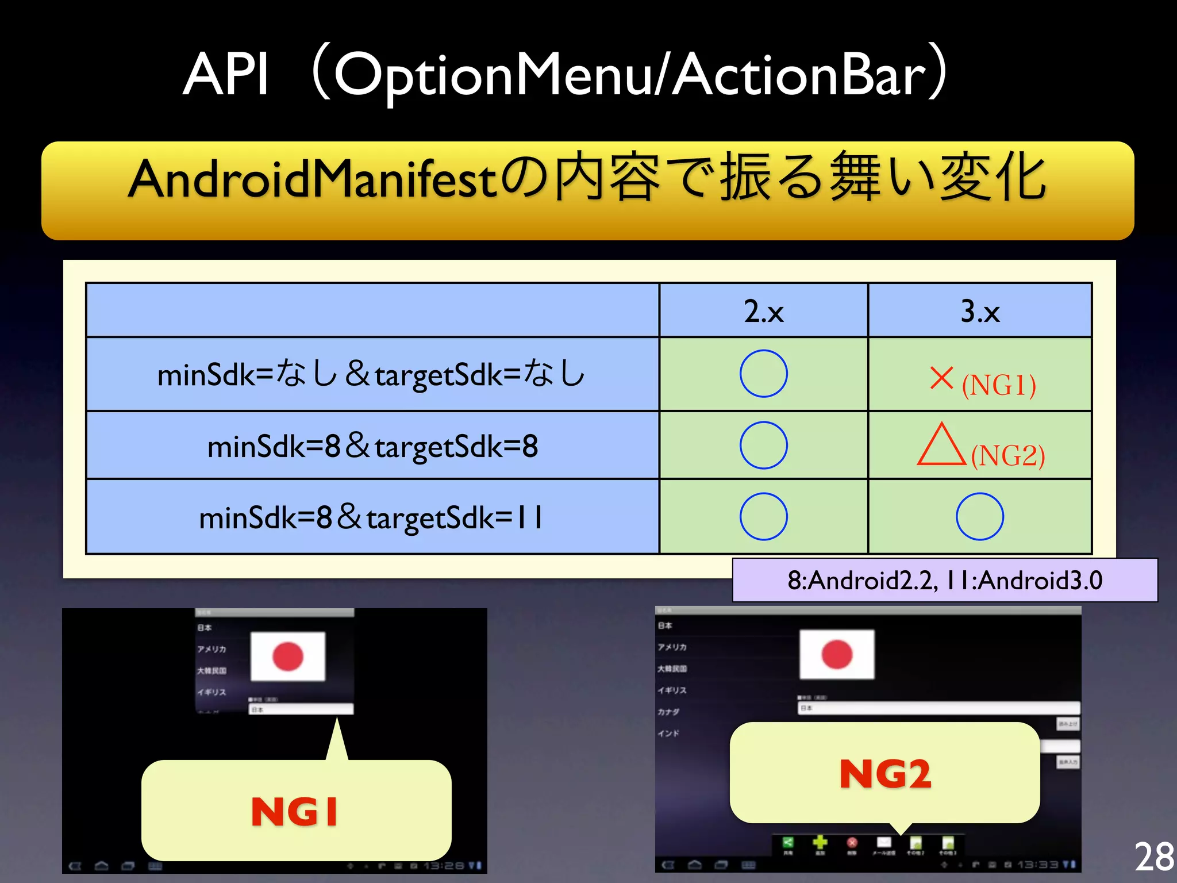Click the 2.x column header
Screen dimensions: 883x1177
(x=763, y=311)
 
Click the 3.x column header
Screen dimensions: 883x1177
(x=980, y=311)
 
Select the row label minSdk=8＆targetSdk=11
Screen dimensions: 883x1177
(x=371, y=517)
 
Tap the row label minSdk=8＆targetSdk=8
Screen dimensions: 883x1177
(x=372, y=446)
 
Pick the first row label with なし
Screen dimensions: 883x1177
(x=371, y=374)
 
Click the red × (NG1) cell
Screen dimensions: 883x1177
(x=982, y=381)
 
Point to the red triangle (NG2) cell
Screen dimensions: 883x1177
(x=980, y=447)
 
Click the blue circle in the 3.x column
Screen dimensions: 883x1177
(x=980, y=516)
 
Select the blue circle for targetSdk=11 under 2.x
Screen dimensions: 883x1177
(x=763, y=516)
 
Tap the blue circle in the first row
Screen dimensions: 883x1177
(x=763, y=374)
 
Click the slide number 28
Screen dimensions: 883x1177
(x=1154, y=857)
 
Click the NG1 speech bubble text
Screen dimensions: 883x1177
(x=295, y=811)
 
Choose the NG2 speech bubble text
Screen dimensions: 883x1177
(x=885, y=774)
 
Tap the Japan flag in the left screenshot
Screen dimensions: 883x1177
(x=288, y=657)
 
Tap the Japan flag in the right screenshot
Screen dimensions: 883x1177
(x=837, y=654)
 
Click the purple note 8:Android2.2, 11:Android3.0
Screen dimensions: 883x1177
(x=944, y=580)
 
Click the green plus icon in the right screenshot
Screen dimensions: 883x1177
(x=820, y=843)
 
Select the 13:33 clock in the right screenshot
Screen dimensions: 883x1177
(x=1038, y=865)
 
